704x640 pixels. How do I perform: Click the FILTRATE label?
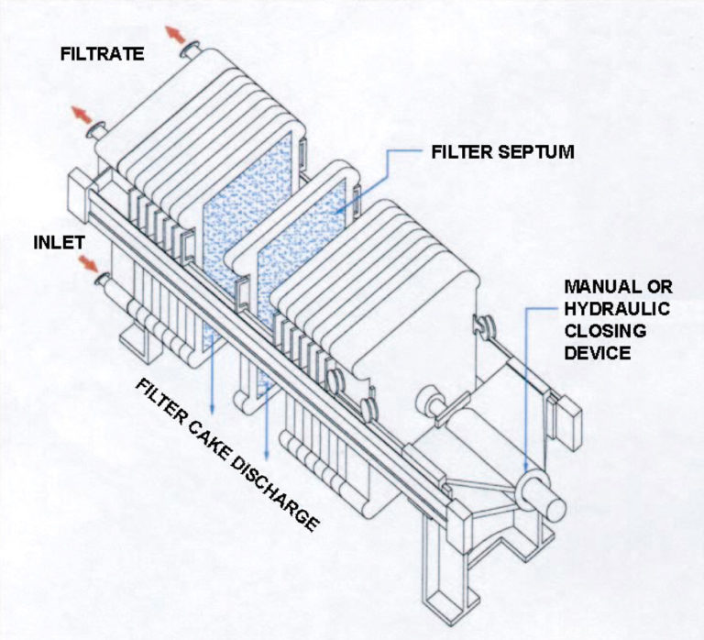click(101, 54)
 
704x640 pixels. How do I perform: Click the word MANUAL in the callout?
click(588, 287)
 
